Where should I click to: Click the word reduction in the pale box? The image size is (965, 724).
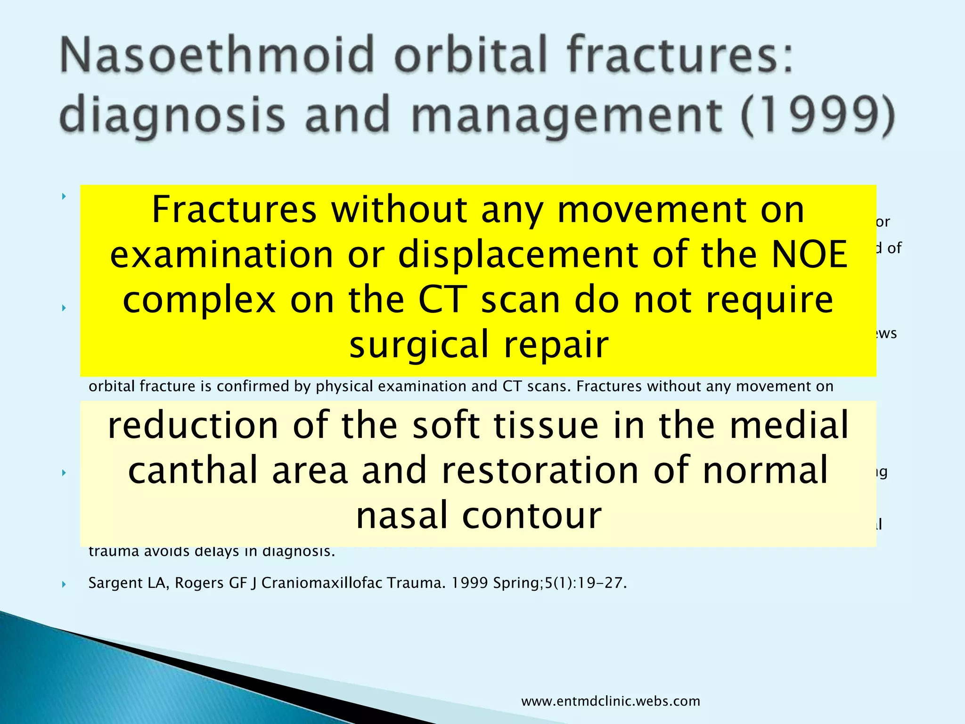tap(193, 426)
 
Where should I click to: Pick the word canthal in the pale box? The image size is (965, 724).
tap(191, 470)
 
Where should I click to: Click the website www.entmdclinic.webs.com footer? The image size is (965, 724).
tap(610, 701)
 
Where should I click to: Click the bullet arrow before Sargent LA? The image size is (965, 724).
tap(64, 584)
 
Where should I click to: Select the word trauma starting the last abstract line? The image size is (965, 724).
tap(113, 551)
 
